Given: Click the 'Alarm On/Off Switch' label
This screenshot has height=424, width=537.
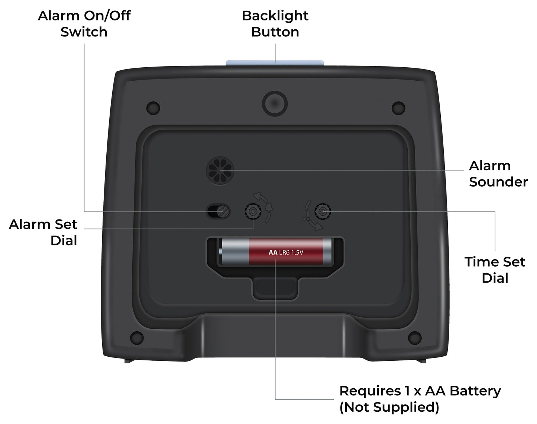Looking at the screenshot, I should point(84,24).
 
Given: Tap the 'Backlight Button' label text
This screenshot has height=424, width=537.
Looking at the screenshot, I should point(275,24).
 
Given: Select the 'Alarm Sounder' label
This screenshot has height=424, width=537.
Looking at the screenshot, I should point(498,174).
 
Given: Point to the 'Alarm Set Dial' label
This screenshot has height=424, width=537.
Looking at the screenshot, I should point(43,232).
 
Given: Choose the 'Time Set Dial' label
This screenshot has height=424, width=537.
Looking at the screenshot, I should point(495,270).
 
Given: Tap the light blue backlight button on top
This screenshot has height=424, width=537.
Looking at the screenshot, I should point(275,63).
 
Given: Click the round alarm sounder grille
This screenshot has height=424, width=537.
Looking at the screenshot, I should point(220,170).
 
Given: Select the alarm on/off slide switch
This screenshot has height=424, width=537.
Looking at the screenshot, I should point(219,212).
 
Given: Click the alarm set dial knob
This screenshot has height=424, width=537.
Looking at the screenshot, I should point(253,212).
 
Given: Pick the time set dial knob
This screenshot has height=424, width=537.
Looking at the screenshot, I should point(323,212).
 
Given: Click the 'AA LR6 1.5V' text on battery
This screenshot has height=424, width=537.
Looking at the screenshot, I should point(286,253).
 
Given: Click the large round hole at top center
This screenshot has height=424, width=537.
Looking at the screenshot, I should point(275,103).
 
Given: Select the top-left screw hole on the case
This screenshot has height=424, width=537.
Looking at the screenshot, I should point(153,108).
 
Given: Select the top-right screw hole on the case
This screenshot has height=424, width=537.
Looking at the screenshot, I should point(398,108).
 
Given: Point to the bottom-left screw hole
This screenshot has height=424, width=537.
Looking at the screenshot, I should point(137,338).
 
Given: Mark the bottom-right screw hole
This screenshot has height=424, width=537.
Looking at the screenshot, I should point(415,338).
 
